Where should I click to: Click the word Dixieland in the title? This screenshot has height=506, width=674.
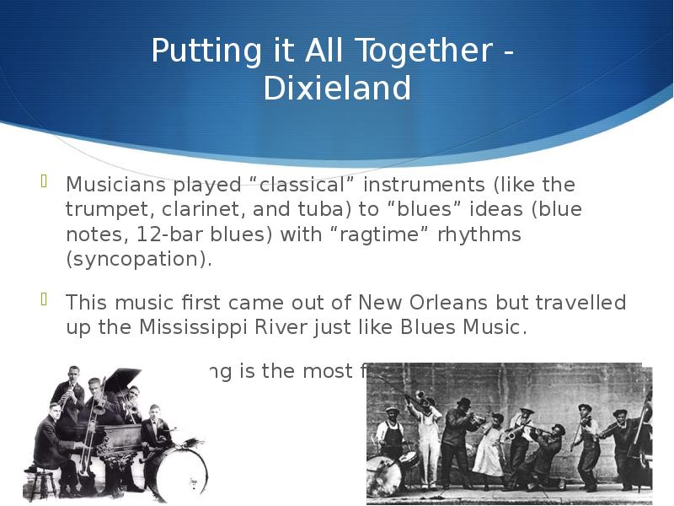tap(337, 88)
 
